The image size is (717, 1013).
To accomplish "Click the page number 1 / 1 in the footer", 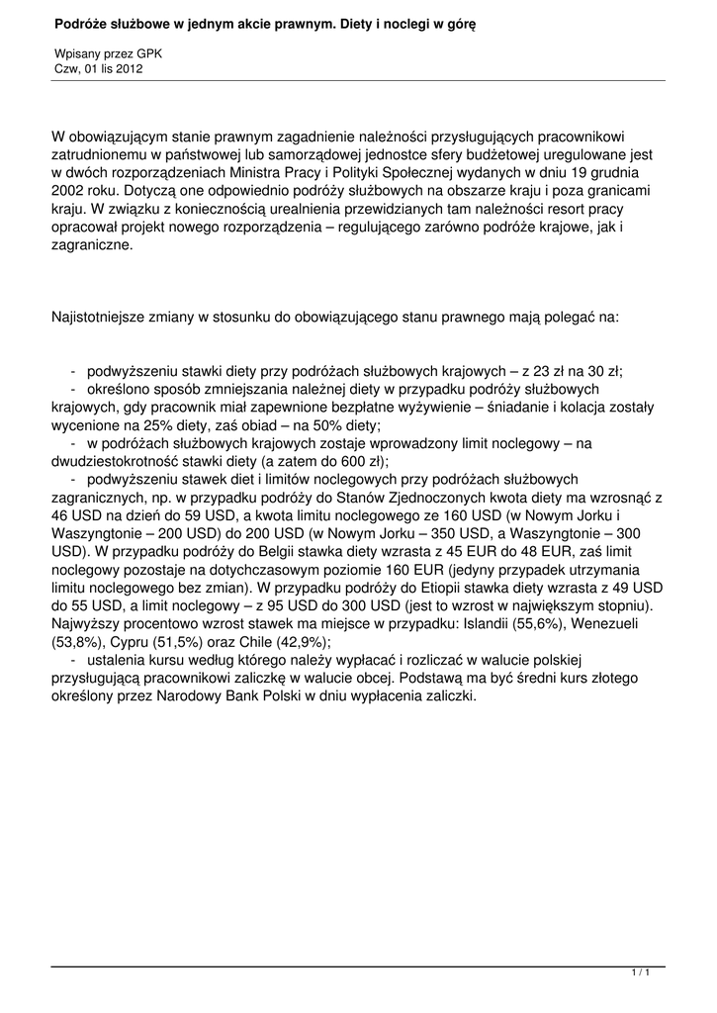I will pyautogui.click(x=640, y=974).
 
